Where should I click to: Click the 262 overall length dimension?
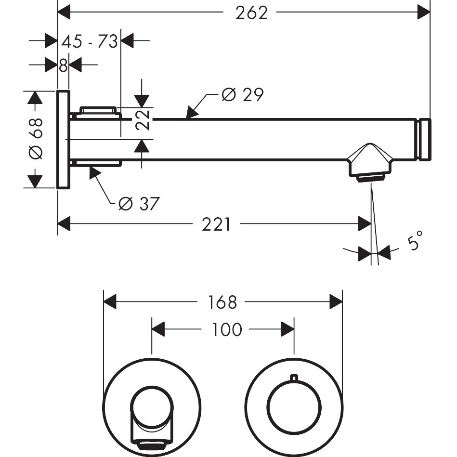click(x=251, y=13)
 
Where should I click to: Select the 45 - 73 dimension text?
click(x=90, y=41)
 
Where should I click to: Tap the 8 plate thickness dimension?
click(x=63, y=65)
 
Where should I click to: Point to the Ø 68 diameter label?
click(x=36, y=139)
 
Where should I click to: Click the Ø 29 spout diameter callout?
click(x=243, y=94)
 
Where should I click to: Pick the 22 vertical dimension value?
click(x=143, y=120)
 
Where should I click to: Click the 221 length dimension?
click(x=216, y=224)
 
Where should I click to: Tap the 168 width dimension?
click(x=222, y=302)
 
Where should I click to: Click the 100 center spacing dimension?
click(x=227, y=330)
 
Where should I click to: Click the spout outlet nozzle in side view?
click(x=370, y=163)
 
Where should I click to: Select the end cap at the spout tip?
click(x=424, y=139)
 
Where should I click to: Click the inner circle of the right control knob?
click(x=295, y=380)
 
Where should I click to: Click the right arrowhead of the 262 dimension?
click(x=424, y=12)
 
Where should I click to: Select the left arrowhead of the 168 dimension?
click(x=110, y=301)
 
